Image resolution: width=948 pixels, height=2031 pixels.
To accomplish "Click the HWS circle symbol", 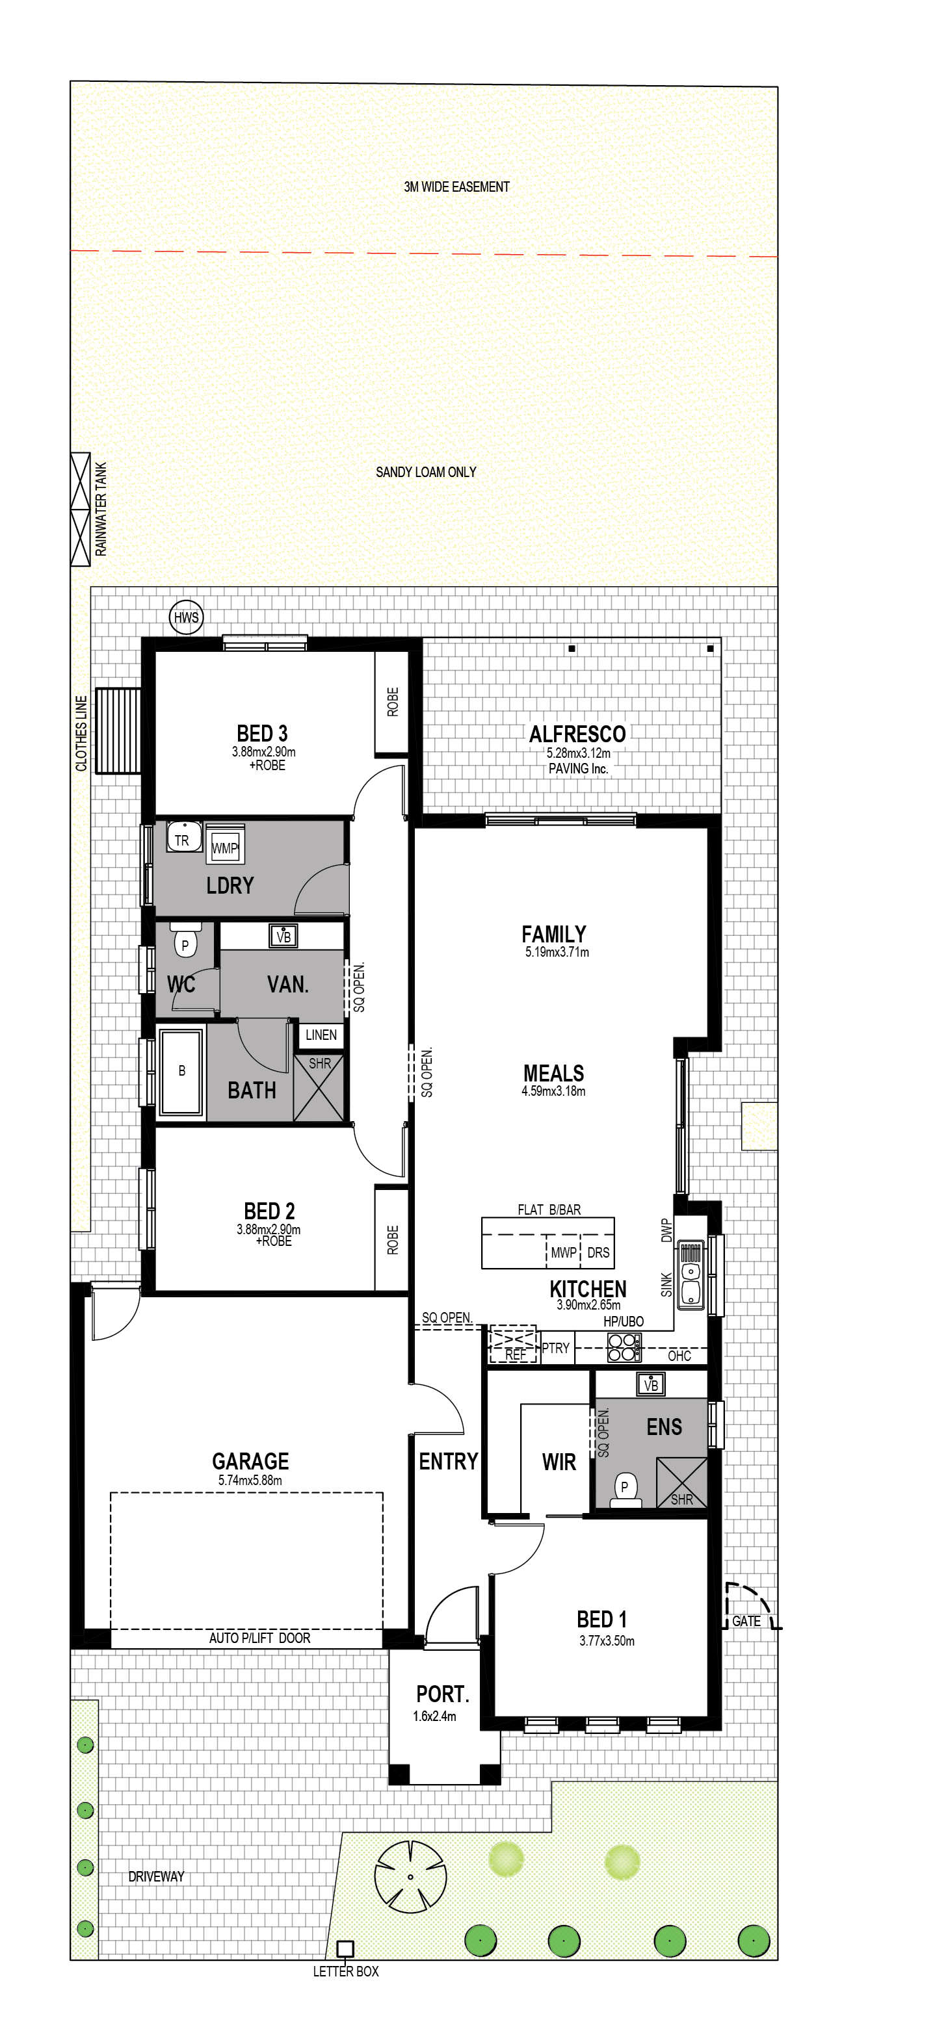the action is [186, 617].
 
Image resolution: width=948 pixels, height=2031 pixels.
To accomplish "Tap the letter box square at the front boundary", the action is [345, 1948].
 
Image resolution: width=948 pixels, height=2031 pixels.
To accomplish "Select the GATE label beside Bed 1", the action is [746, 1620].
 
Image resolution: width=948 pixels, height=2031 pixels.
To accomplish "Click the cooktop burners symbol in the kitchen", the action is [624, 1347].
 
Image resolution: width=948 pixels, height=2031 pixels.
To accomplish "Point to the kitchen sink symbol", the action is [691, 1275].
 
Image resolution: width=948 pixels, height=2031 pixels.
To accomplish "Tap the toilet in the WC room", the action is [185, 940].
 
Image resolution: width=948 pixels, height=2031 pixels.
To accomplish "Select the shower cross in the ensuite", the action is [681, 1483].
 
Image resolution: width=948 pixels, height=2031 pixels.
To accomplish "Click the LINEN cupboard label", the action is [321, 1035].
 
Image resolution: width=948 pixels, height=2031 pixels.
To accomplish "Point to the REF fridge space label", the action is [515, 1354].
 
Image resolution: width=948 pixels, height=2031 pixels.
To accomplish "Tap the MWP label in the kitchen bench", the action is [563, 1252].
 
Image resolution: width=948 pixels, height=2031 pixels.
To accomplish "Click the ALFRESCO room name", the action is [577, 734].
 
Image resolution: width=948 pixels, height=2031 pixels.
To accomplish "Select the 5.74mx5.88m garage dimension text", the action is [250, 1480].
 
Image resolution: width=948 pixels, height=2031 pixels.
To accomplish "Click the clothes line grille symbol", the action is [118, 730].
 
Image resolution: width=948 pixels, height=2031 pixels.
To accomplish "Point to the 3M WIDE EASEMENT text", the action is [456, 187].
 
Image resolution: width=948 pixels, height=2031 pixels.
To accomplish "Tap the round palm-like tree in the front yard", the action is [410, 1876].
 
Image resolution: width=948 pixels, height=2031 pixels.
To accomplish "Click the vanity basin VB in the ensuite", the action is [651, 1384].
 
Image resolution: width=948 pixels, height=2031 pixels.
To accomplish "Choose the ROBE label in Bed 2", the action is [393, 1239].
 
